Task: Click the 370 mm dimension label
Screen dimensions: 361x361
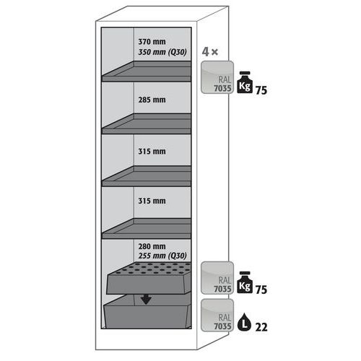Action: coord(152,42)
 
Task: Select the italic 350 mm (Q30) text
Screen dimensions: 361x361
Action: coord(162,52)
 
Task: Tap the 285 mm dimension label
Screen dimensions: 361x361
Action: coord(152,100)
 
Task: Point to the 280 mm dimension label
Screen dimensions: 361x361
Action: coord(152,246)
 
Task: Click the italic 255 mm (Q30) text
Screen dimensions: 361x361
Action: coord(162,256)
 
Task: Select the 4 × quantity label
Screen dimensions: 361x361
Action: coord(210,52)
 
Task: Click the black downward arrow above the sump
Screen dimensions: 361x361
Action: coord(146,299)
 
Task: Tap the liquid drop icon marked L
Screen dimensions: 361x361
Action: coord(244,322)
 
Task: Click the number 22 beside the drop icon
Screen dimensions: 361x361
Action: coord(261,327)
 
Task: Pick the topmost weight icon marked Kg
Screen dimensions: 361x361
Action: coord(245,82)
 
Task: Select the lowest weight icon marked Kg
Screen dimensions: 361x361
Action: coord(245,282)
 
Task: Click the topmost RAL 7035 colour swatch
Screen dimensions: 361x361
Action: coord(217,77)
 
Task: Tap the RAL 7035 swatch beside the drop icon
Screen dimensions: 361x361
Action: coord(217,316)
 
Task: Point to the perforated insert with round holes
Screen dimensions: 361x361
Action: coord(149,278)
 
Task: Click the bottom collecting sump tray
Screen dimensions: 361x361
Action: coord(147,313)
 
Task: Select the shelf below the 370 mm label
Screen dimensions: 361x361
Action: coord(147,71)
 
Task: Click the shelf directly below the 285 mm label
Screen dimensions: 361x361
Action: coord(147,124)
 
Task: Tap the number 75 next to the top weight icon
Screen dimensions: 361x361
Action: coord(261,90)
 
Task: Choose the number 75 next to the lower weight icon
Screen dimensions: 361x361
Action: coord(261,290)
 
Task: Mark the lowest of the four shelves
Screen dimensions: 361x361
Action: coord(147,229)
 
